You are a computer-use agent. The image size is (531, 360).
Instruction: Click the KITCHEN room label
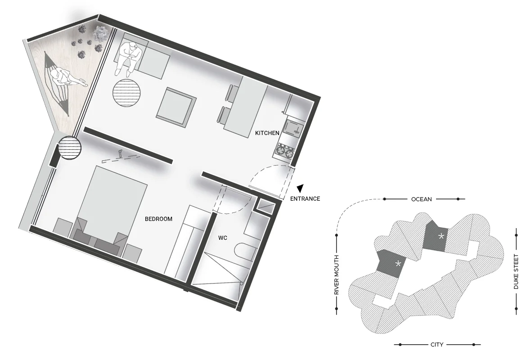point(267,133)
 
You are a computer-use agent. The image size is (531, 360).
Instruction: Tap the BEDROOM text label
point(158,219)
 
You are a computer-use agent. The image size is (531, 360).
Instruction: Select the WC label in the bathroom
point(222,238)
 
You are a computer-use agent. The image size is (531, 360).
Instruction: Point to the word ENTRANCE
point(305,199)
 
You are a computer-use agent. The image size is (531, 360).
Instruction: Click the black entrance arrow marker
point(301,189)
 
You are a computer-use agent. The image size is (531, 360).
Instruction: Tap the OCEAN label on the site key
point(421,199)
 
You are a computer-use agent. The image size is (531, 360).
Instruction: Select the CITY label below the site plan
point(437,344)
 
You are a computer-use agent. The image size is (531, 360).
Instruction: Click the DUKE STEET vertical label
point(516,272)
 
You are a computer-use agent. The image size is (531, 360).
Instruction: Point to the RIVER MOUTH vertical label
point(337,275)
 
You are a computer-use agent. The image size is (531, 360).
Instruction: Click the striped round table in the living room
point(126,93)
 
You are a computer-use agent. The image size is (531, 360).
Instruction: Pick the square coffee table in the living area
point(176,107)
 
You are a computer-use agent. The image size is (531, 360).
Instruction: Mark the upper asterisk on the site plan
point(441,236)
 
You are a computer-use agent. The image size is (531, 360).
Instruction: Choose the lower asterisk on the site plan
point(398,263)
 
